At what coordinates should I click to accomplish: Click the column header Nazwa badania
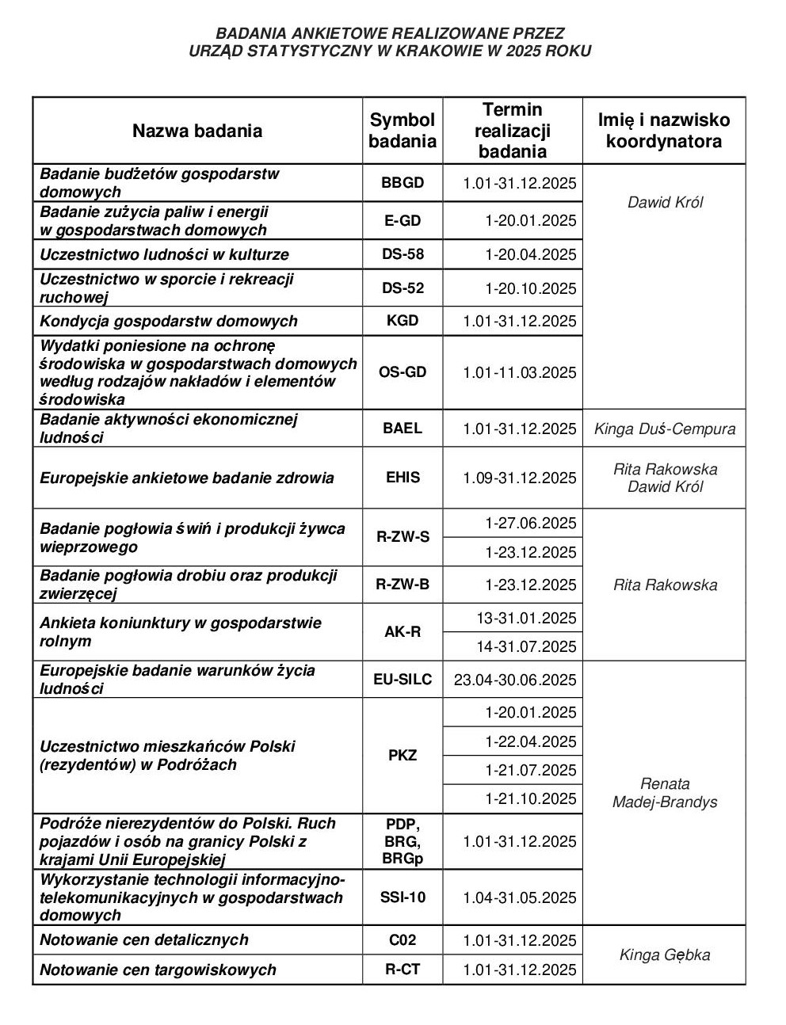pos(196,131)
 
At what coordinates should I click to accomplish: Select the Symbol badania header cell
pos(403,131)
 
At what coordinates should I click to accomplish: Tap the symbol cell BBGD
pos(403,183)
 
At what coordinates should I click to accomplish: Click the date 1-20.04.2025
pos(531,255)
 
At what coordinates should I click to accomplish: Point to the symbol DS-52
pos(403,288)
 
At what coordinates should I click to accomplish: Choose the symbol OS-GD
pos(403,372)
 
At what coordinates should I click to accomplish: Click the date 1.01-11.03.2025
pos(520,372)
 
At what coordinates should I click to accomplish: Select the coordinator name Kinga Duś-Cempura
pos(665,429)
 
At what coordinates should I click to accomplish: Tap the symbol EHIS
pos(403,478)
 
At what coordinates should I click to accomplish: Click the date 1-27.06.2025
pos(531,524)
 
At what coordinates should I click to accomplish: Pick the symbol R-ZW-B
pos(403,585)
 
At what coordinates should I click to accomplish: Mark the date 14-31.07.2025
pos(526,646)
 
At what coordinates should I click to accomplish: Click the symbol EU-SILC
pos(403,680)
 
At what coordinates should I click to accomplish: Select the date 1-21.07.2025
pos(531,770)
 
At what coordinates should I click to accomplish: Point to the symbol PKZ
pos(403,755)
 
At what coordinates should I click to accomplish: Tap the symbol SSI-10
pos(403,897)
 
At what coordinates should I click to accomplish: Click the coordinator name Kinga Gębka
pos(665,955)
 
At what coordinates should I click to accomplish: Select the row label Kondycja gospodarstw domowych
pos(169,321)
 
